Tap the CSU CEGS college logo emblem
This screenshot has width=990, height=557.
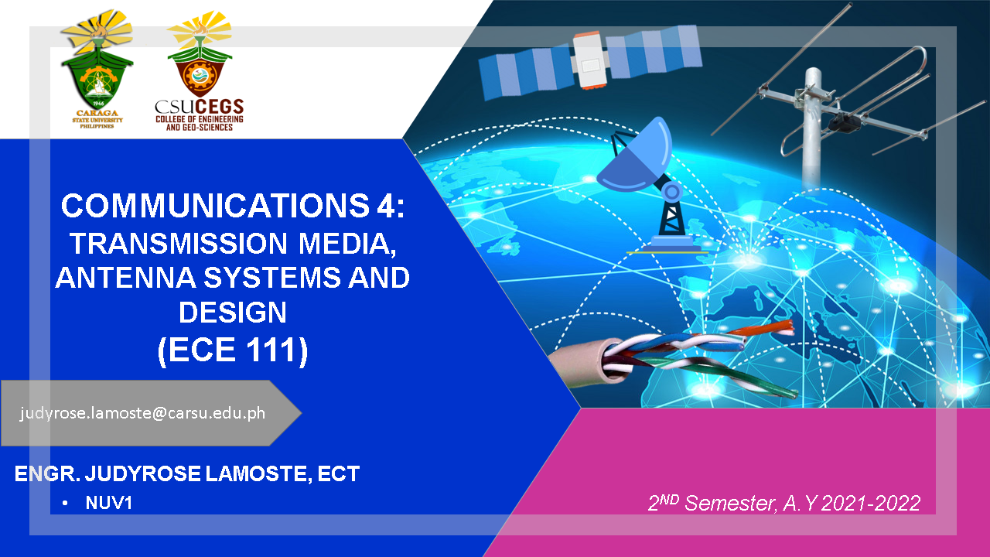(200, 54)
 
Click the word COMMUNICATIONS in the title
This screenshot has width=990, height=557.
(215, 206)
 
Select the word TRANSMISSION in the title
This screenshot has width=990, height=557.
(179, 243)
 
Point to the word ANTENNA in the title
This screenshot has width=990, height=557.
(125, 278)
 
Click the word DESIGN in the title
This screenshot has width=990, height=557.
(233, 312)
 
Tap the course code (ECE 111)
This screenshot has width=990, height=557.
(233, 350)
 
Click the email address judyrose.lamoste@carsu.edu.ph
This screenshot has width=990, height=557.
(142, 413)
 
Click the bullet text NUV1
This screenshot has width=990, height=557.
(109, 503)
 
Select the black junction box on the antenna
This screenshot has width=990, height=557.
(844, 122)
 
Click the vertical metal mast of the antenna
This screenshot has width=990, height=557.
(812, 129)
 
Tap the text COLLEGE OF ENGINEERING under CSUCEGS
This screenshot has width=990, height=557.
(200, 119)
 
